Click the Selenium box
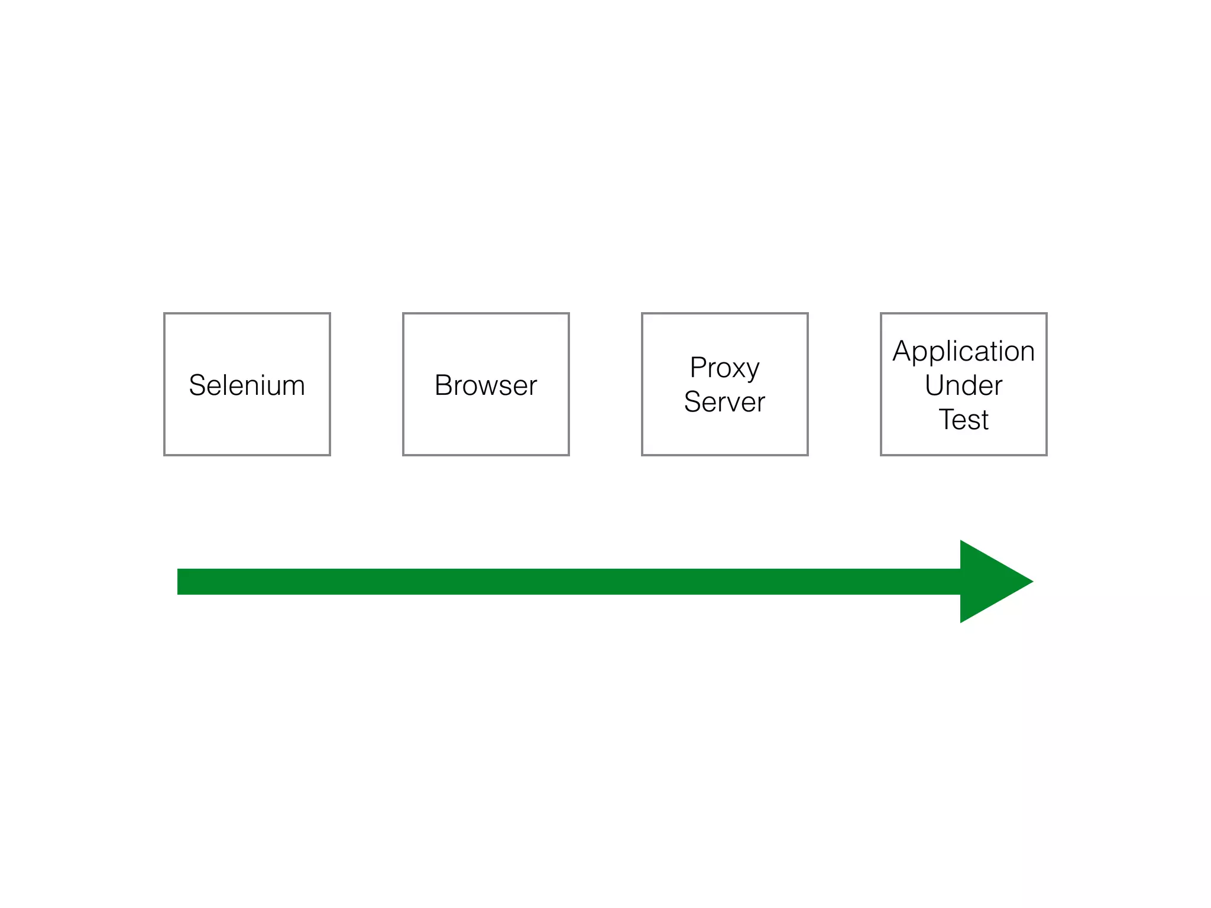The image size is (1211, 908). (x=247, y=384)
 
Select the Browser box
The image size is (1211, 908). (x=485, y=384)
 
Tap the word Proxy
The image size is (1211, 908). (x=724, y=368)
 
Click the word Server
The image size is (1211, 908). (x=724, y=402)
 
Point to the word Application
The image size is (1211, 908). (x=963, y=351)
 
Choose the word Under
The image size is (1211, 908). (x=963, y=385)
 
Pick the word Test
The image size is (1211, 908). (x=963, y=420)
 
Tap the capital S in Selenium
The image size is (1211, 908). (x=197, y=385)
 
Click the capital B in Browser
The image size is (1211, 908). (x=443, y=385)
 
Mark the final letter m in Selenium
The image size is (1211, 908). (x=293, y=387)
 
